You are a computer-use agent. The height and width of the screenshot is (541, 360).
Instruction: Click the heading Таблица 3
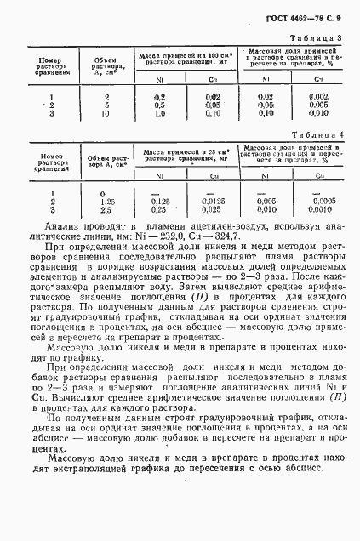pos(317,39)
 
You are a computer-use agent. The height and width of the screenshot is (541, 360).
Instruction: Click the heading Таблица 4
pos(317,134)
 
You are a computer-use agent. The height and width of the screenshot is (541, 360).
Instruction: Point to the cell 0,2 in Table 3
pos(158,97)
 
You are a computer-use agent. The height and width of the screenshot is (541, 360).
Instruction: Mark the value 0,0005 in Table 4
pos(320,200)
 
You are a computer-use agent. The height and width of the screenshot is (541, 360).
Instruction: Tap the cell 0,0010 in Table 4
pos(320,208)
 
